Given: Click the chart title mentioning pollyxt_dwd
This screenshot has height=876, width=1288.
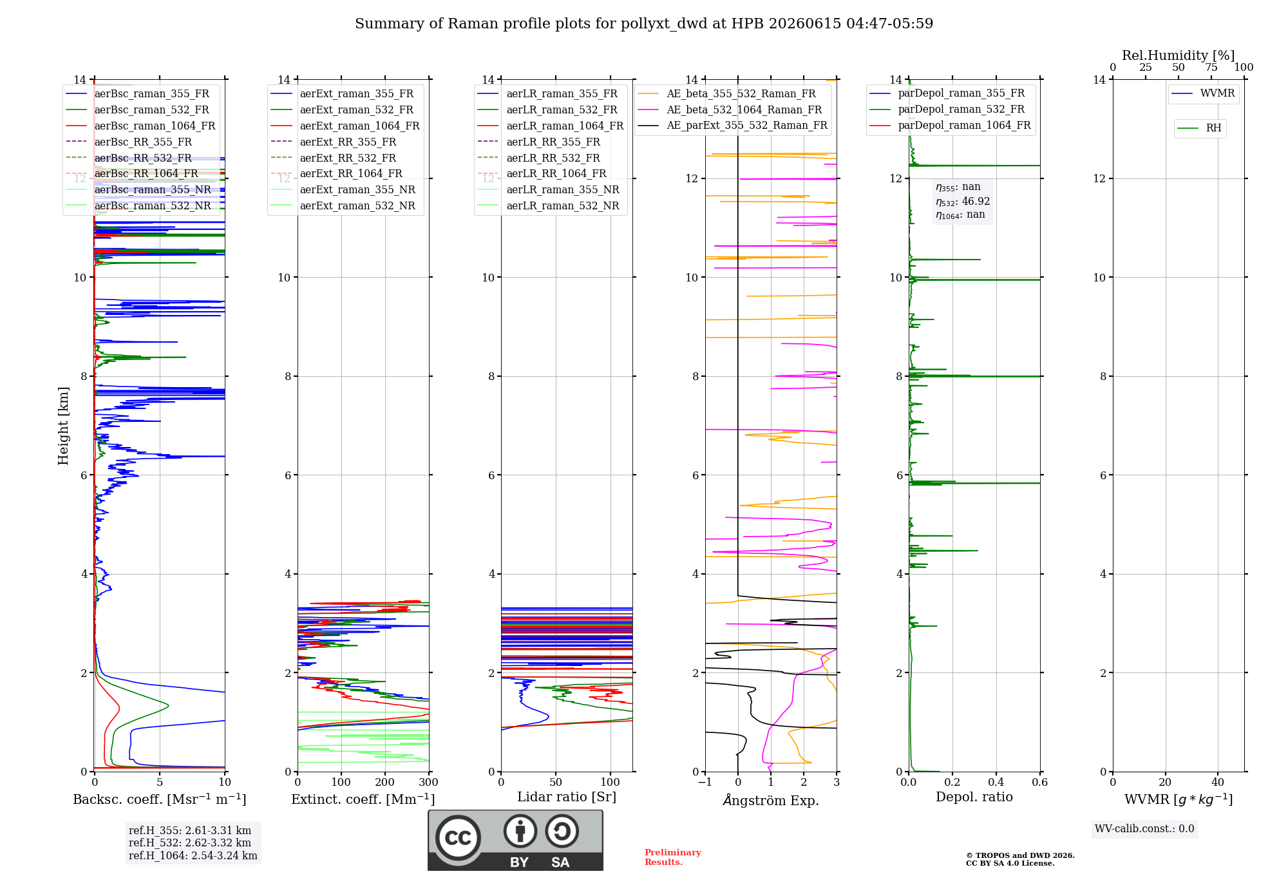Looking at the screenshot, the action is tap(644, 24).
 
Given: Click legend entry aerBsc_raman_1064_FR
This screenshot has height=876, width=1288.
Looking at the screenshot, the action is tap(155, 126).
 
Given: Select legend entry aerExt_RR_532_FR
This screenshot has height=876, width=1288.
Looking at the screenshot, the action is tap(348, 158).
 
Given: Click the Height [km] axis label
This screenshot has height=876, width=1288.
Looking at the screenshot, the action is tap(63, 426).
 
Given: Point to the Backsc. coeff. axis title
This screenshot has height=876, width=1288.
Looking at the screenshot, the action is tap(160, 799).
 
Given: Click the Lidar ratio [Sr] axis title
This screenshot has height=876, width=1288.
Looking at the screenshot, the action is tap(567, 797).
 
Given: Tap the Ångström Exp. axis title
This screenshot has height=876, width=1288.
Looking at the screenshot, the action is tap(771, 800).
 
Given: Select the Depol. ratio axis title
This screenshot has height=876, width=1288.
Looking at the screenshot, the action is tap(974, 797).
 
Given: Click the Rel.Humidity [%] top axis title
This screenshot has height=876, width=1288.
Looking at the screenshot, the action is tap(1179, 55).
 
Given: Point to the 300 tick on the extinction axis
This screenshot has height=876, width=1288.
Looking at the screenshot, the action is tap(428, 783).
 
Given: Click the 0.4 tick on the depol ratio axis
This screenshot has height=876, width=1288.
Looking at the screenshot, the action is tap(996, 783).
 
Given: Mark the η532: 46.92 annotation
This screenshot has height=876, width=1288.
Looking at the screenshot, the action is tap(963, 202).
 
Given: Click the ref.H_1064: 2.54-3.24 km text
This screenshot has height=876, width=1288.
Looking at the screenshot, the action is tap(193, 856).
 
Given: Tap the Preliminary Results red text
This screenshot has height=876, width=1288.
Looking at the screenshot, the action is tap(673, 857).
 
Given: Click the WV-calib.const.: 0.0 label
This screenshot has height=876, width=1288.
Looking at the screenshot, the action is tap(1144, 829).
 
